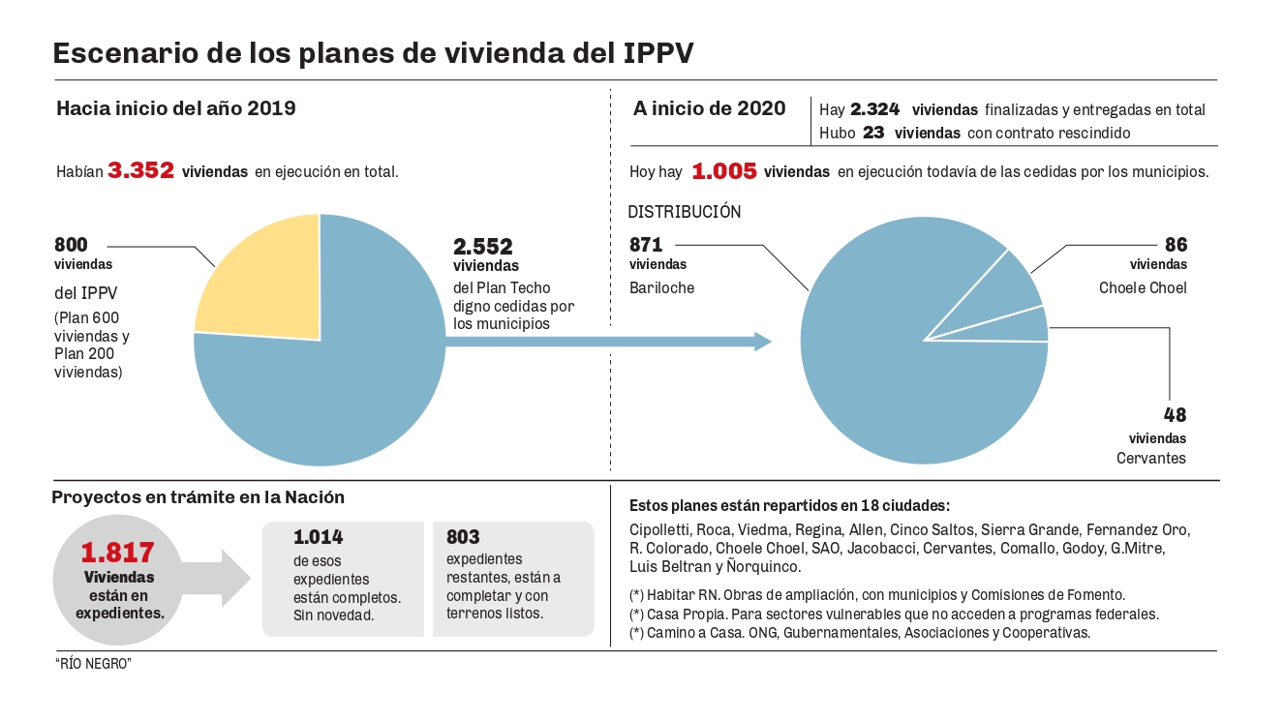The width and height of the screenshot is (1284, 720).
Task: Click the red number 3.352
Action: pos(140,170)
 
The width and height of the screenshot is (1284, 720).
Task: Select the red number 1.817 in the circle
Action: pos(118,554)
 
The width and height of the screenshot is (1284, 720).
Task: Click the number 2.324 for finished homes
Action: pos(875,109)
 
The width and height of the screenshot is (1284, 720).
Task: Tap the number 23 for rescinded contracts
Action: pos(873,133)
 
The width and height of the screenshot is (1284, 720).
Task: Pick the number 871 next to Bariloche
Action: pos(646,245)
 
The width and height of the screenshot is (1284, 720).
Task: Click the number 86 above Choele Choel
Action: pos(1176,245)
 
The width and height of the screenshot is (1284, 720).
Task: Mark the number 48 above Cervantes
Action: pos(1176,415)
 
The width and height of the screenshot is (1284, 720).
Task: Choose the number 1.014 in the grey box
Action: pos(319,537)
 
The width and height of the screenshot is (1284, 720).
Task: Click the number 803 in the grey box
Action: pos(463,537)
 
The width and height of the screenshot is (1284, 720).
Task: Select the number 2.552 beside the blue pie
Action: pos(483,247)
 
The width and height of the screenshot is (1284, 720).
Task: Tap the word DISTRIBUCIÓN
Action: pos(685,211)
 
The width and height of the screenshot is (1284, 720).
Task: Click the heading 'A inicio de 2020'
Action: pos(710,107)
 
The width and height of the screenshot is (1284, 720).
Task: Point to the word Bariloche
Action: pos(662,287)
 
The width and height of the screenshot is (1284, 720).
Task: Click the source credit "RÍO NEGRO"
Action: pos(93,665)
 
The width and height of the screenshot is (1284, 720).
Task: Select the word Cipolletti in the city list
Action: pos(660,529)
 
